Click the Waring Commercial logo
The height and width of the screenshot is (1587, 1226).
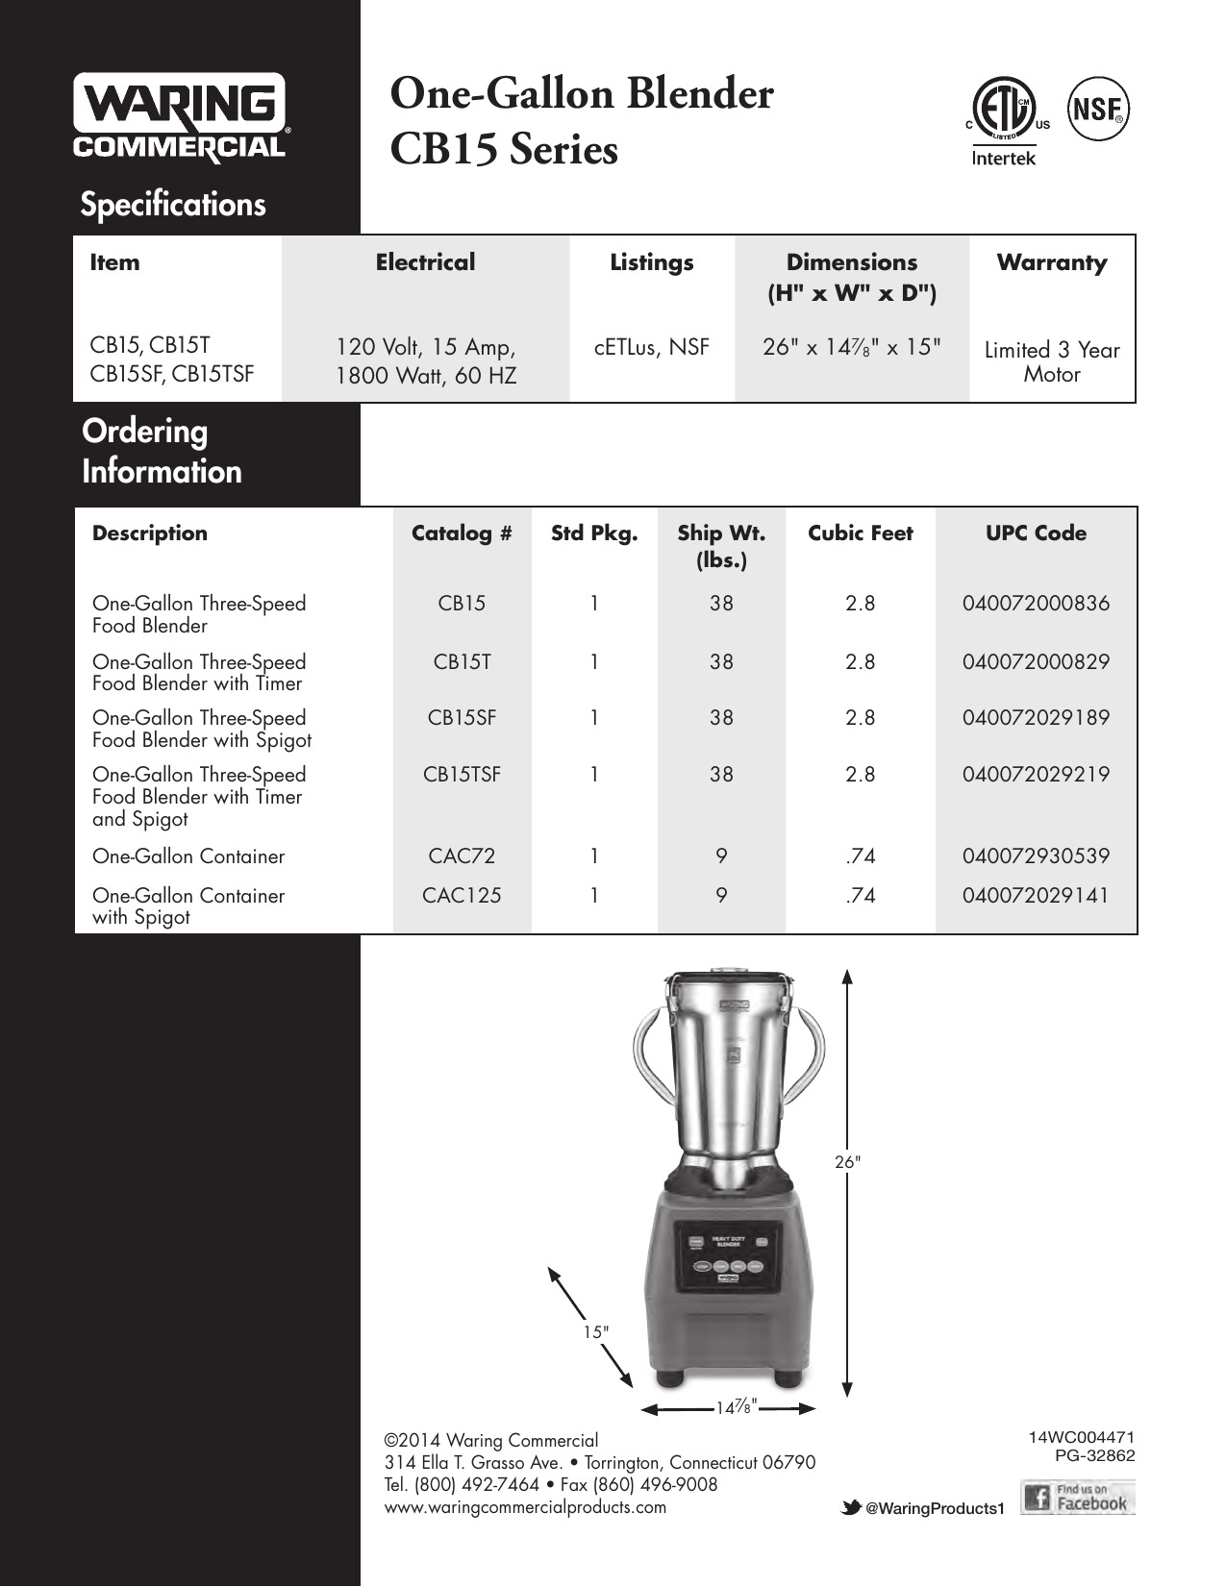coord(180,117)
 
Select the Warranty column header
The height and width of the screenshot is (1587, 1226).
coord(1051,262)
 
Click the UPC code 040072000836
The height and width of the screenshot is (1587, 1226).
coord(1036,604)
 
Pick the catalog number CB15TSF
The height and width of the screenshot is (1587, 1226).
coord(462,775)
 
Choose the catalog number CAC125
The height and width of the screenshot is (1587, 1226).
coord(462,895)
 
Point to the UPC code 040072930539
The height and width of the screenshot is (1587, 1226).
coord(1036,856)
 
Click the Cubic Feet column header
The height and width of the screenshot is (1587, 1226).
coord(860,533)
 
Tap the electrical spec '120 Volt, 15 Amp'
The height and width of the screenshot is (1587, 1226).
coord(425,347)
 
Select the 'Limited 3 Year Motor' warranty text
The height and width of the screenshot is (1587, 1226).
coord(1051,361)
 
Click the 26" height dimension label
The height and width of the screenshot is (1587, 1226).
coord(847,1161)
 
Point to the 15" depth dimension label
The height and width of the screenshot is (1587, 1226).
coord(596,1332)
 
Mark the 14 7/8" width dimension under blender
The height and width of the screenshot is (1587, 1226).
coord(738,1407)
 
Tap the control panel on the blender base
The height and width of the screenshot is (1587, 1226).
coord(728,1256)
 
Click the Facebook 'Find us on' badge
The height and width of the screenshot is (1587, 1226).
coord(1078,1498)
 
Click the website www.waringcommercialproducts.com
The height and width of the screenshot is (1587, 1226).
coord(525,1507)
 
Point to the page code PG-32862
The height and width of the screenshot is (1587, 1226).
coord(1094,1455)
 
